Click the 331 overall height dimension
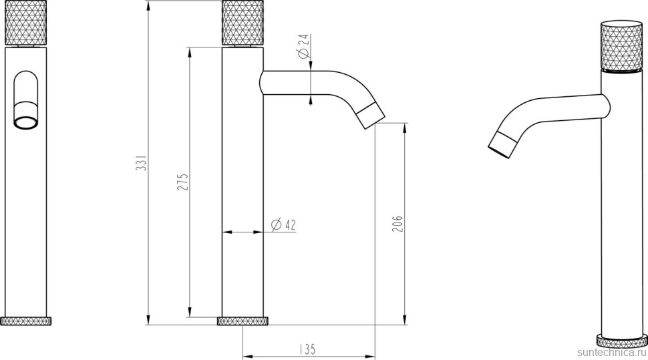(142, 163)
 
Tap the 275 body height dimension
(182, 182)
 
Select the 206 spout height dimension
(397, 224)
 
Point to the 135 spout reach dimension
(307, 349)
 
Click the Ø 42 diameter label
(283, 224)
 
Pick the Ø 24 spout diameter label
(304, 46)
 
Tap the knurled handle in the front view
(25, 23)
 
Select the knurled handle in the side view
(242, 23)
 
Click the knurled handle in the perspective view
(621, 45)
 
